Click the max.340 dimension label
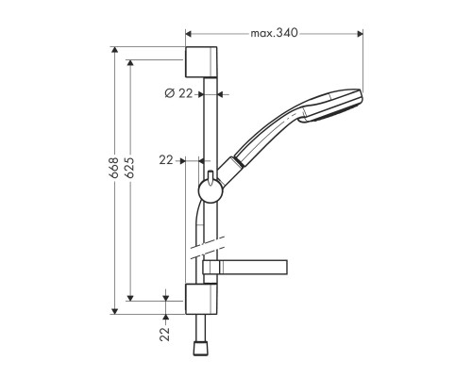click(274, 34)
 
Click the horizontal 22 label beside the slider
click(166, 160)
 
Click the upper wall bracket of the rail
click(201, 60)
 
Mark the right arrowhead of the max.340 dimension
click(361, 34)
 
